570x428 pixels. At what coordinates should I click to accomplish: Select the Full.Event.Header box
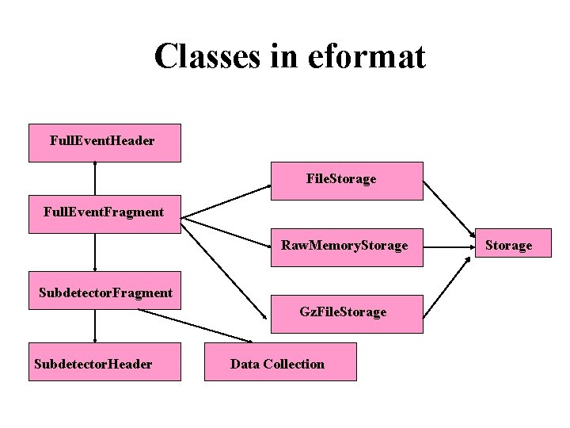click(104, 143)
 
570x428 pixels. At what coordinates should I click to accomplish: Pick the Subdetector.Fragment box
click(104, 292)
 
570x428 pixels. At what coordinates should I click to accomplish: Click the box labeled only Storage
click(508, 246)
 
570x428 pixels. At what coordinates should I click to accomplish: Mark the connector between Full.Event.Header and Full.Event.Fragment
click(95, 178)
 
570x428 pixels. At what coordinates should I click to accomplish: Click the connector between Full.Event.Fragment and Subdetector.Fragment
click(95, 253)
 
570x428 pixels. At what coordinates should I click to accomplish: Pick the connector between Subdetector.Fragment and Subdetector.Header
click(95, 326)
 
